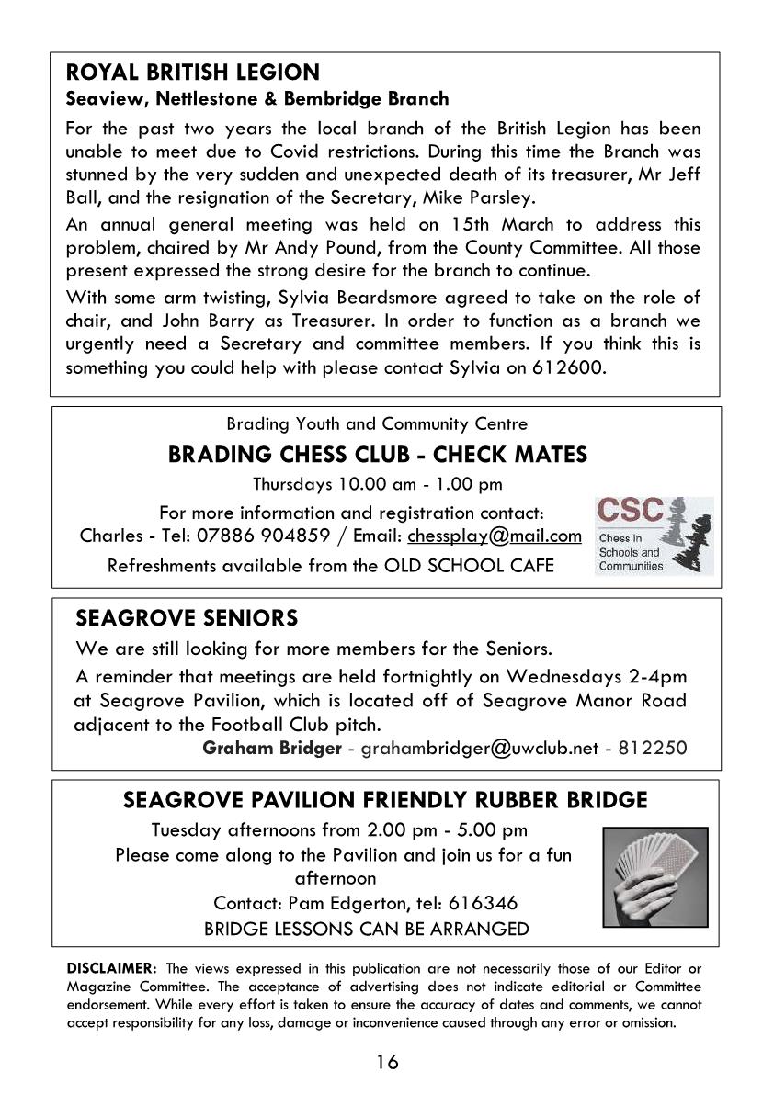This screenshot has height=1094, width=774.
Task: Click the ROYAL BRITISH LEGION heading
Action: tap(193, 73)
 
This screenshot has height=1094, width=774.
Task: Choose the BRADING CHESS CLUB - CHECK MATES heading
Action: tap(378, 455)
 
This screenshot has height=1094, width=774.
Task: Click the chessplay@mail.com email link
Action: tap(495, 536)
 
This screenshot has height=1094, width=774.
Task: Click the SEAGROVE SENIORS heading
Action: tap(187, 615)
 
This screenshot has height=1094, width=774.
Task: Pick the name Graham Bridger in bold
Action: tap(271, 748)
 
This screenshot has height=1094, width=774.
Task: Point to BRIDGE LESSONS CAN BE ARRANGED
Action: tap(366, 929)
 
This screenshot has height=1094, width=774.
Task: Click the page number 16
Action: tap(387, 1063)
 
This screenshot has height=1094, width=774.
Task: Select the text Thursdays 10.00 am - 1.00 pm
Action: tap(378, 484)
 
